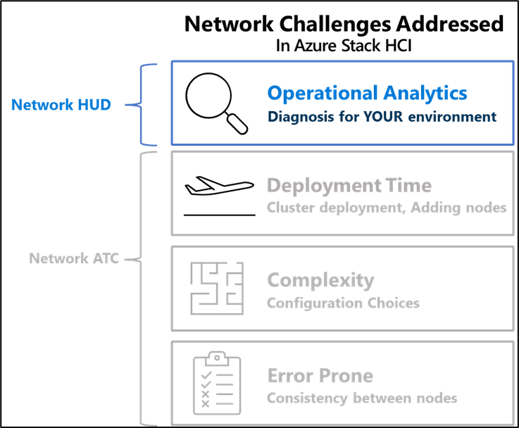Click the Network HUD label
click(x=61, y=105)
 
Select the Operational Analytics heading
click(x=367, y=93)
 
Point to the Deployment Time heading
click(x=349, y=186)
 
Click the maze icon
click(x=217, y=288)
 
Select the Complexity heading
click(x=320, y=280)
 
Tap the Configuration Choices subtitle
click(x=343, y=303)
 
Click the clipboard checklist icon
click(x=217, y=383)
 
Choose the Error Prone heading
click(x=320, y=376)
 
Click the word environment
click(x=461, y=117)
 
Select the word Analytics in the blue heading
click(x=425, y=93)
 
